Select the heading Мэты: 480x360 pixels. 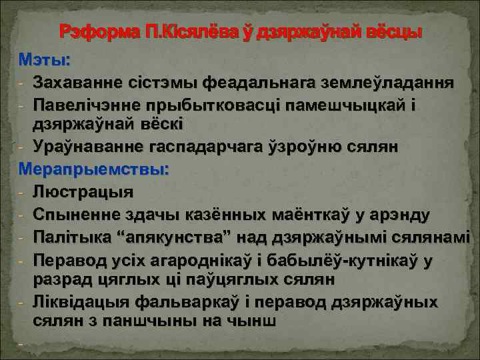point(44,61)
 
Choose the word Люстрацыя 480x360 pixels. point(83,193)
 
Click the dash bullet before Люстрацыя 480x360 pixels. point(22,193)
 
